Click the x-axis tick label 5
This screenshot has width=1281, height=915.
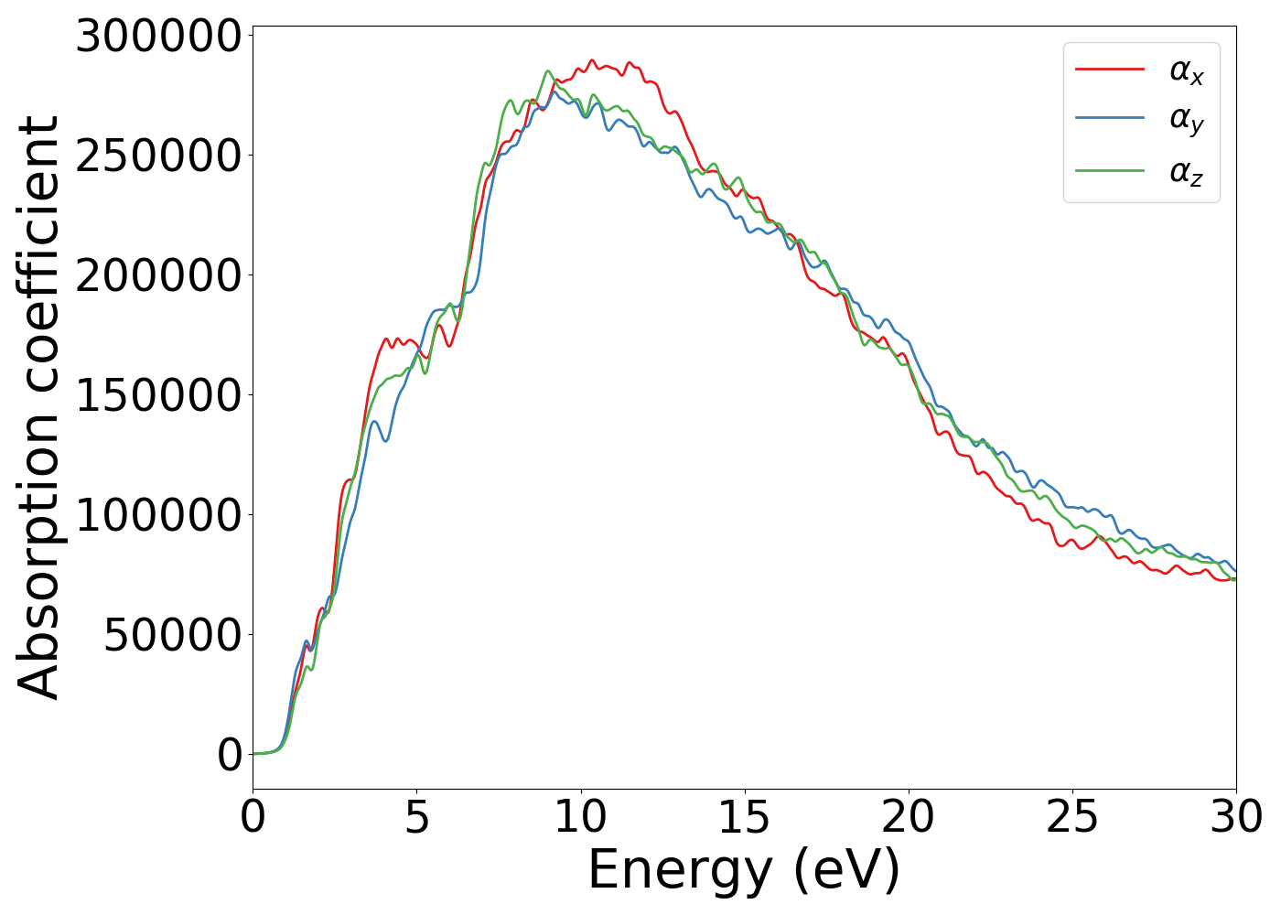[x=416, y=817]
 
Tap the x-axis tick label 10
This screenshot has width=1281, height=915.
[x=580, y=817]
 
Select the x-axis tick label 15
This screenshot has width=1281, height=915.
[x=744, y=817]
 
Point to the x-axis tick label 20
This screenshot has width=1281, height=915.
[x=908, y=817]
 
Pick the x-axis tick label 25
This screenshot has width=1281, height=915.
[x=1071, y=817]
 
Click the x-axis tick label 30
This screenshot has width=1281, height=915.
[x=1235, y=817]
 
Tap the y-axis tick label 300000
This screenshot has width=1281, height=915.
[x=158, y=38]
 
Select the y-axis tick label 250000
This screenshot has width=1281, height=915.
[x=158, y=156]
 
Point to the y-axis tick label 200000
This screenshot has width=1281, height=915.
[x=158, y=275]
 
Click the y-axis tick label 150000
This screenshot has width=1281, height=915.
[x=158, y=395]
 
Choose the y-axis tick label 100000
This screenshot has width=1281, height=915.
[x=158, y=515]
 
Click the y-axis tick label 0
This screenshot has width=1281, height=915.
[x=230, y=755]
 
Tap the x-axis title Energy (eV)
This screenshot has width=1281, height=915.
[x=744, y=870]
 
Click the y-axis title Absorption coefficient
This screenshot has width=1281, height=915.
[x=38, y=407]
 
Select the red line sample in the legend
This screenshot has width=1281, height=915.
[x=1110, y=69]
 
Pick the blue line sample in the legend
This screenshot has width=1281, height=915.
[x=1110, y=119]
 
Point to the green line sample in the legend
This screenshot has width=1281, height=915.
[x=1110, y=170]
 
